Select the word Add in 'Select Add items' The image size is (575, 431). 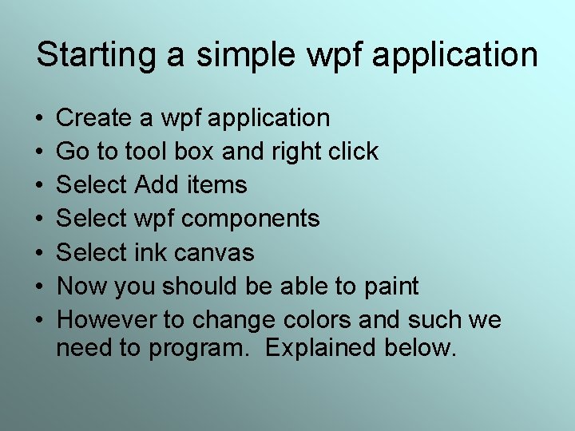[x=157, y=185]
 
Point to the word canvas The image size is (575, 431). [x=218, y=253]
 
